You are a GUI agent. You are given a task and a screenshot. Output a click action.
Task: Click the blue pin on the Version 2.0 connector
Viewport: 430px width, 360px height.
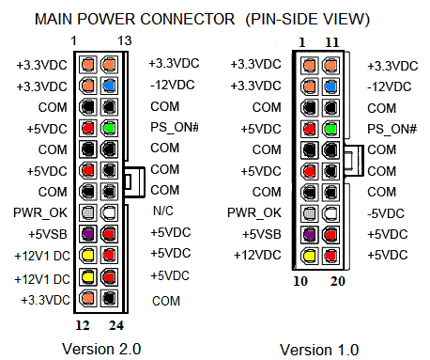pyautogui.click(x=109, y=86)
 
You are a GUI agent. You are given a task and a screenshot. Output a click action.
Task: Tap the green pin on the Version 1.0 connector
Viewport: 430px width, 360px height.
pyautogui.click(x=330, y=129)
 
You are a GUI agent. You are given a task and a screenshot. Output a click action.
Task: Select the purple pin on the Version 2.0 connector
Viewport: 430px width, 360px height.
pyautogui.click(x=88, y=234)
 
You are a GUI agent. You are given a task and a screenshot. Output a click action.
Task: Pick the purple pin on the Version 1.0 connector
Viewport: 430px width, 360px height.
pyautogui.click(x=310, y=234)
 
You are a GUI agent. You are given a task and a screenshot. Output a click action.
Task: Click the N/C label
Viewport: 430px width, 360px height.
pyautogui.click(x=163, y=211)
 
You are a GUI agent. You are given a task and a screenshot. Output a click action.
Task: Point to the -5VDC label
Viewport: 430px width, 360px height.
pyautogui.click(x=386, y=213)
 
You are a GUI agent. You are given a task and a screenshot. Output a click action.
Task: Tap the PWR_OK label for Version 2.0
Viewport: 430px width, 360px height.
pyautogui.click(x=40, y=213)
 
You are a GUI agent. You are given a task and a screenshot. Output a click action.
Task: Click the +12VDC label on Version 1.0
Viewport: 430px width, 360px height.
pyautogui.click(x=257, y=255)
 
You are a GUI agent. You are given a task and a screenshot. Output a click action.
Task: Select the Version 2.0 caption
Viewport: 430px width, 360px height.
pyautogui.click(x=101, y=349)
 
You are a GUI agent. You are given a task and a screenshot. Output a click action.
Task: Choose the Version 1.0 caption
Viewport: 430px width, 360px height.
pyautogui.click(x=319, y=350)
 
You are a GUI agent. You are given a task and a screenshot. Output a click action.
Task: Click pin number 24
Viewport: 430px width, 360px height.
pyautogui.click(x=116, y=325)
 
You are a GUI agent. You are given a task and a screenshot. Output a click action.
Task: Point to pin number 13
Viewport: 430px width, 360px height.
pyautogui.click(x=125, y=40)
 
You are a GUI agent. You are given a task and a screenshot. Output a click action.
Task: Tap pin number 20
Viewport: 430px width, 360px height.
pyautogui.click(x=338, y=281)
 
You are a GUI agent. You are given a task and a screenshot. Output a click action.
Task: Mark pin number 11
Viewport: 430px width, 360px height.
pyautogui.click(x=332, y=42)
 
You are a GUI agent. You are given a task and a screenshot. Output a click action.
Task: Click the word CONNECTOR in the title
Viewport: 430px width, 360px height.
pyautogui.click(x=188, y=19)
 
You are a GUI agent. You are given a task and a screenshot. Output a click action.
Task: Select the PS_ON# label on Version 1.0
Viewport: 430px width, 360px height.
pyautogui.click(x=392, y=129)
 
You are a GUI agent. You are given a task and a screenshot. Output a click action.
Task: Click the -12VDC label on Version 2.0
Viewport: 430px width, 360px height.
pyautogui.click(x=173, y=85)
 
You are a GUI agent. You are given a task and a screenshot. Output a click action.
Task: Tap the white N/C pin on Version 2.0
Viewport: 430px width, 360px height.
pyautogui.click(x=109, y=212)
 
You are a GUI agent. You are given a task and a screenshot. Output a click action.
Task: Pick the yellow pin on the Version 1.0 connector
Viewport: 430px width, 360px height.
pyautogui.click(x=310, y=255)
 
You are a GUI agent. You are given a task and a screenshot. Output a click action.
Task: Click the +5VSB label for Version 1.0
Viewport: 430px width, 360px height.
pyautogui.click(x=262, y=234)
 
